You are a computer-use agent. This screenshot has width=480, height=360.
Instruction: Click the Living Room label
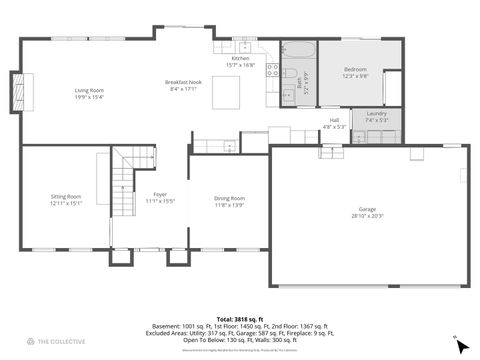[x=89, y=91]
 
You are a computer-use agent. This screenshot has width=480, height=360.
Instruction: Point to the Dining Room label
[x=229, y=198]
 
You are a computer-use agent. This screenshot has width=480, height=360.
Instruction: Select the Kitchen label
[x=241, y=59]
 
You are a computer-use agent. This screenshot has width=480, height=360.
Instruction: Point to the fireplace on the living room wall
[x=15, y=93]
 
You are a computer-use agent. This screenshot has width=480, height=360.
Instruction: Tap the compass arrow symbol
[x=461, y=345]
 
